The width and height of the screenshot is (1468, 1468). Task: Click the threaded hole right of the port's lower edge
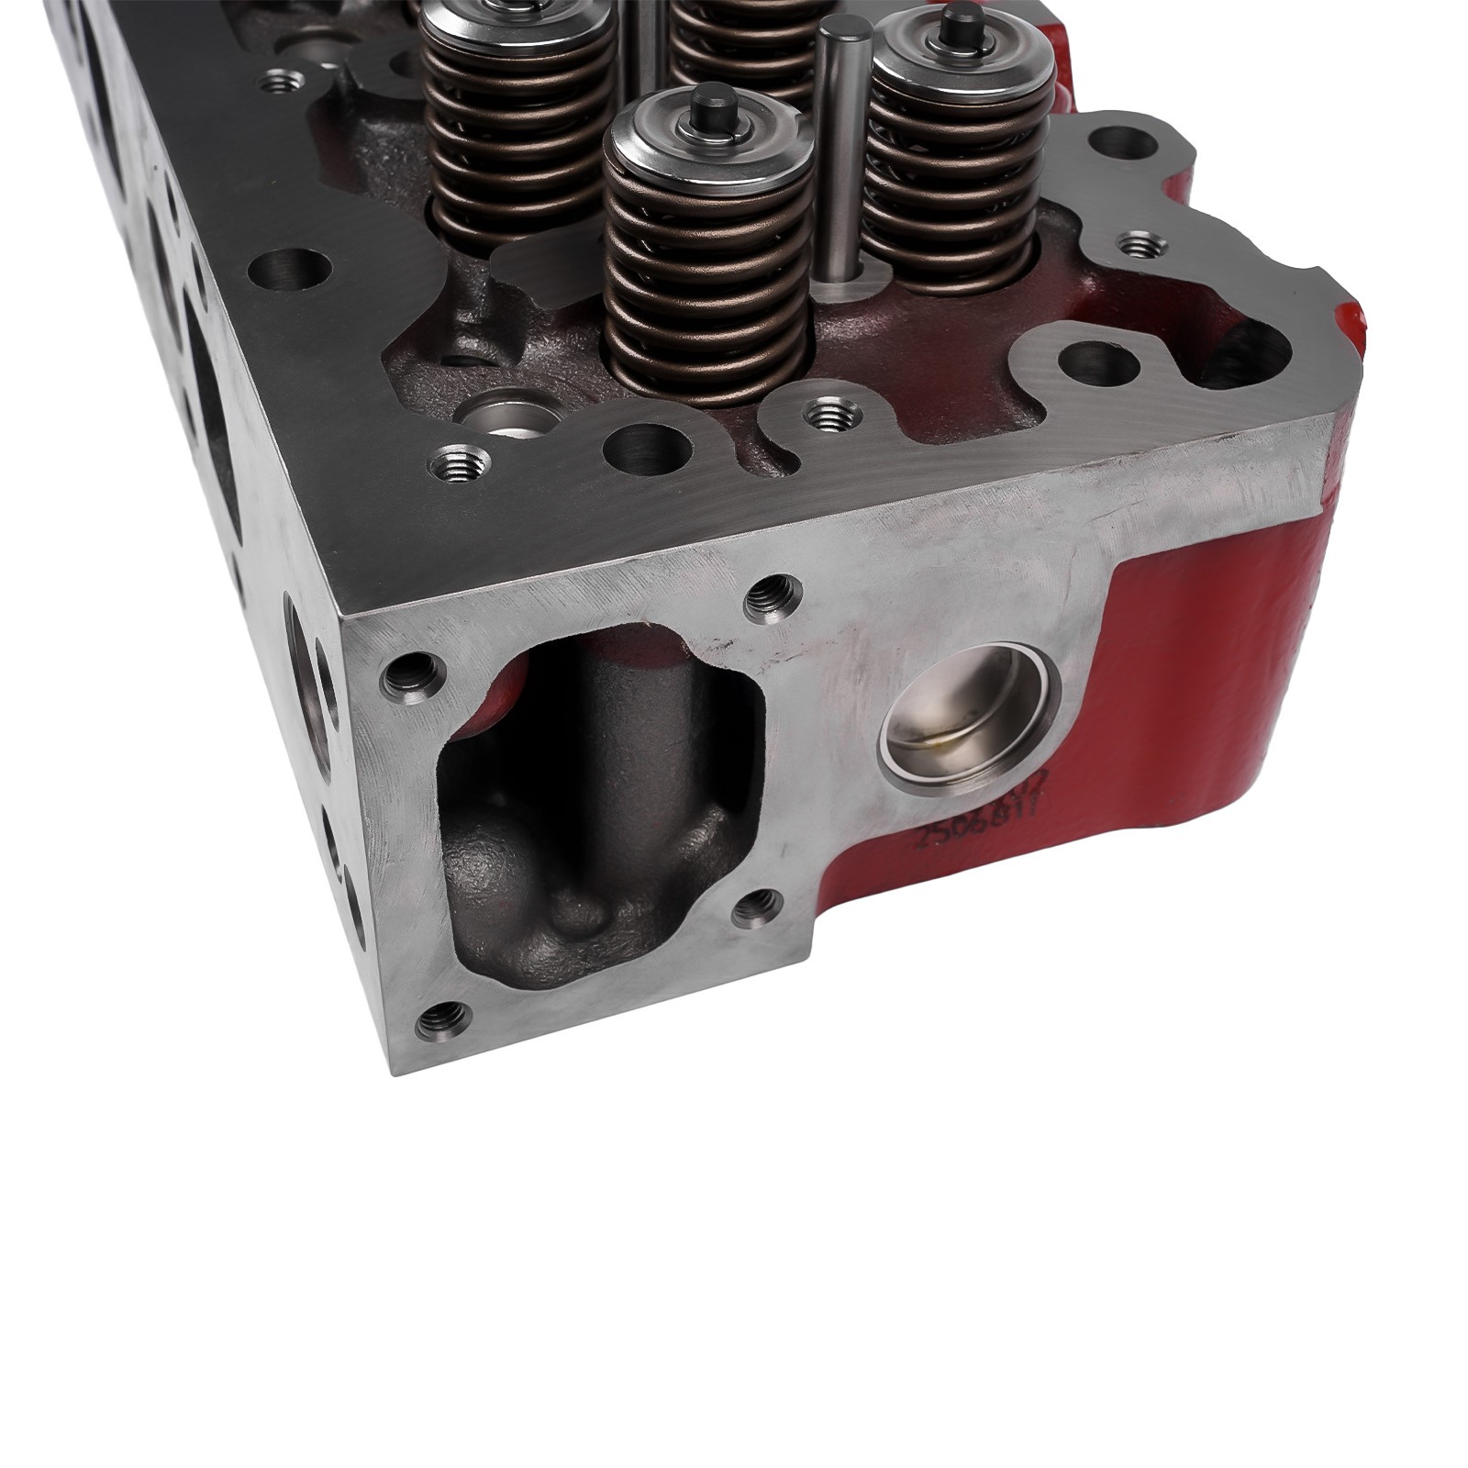(759, 908)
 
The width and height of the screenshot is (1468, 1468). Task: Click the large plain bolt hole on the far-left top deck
(289, 270)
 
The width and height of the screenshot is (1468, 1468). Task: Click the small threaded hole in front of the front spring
(832, 412)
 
